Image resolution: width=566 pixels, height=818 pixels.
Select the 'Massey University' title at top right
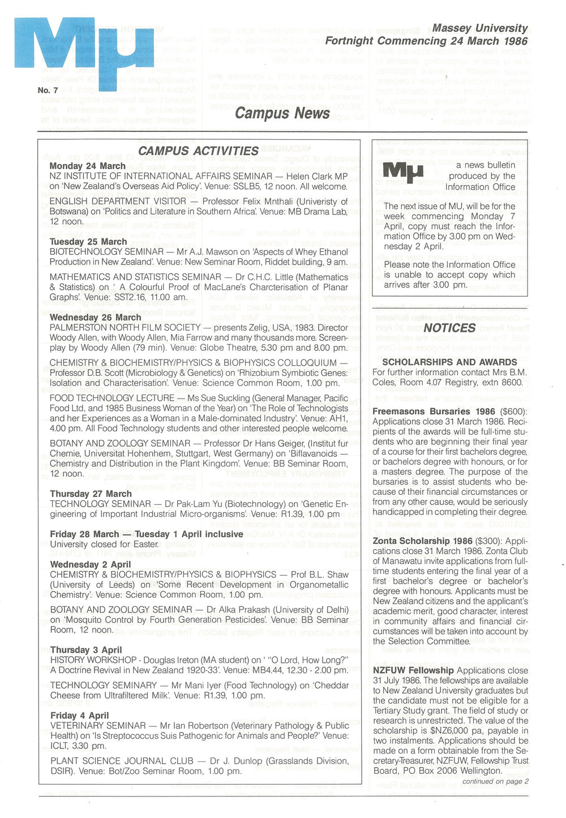[x=479, y=28]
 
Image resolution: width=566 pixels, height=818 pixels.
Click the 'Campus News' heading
[x=282, y=113]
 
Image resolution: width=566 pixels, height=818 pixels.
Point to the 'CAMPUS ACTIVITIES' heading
[x=198, y=151]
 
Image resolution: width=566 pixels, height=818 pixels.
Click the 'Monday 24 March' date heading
[x=88, y=166]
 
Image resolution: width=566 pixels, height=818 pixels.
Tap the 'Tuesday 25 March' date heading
[x=88, y=242]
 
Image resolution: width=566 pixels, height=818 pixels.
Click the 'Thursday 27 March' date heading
[x=91, y=494]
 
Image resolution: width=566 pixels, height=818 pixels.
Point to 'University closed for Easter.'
[x=104, y=544]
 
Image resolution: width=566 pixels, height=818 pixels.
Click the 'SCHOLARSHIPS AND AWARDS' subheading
[x=449, y=362]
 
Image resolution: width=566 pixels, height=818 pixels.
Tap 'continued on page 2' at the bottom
[x=495, y=781]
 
